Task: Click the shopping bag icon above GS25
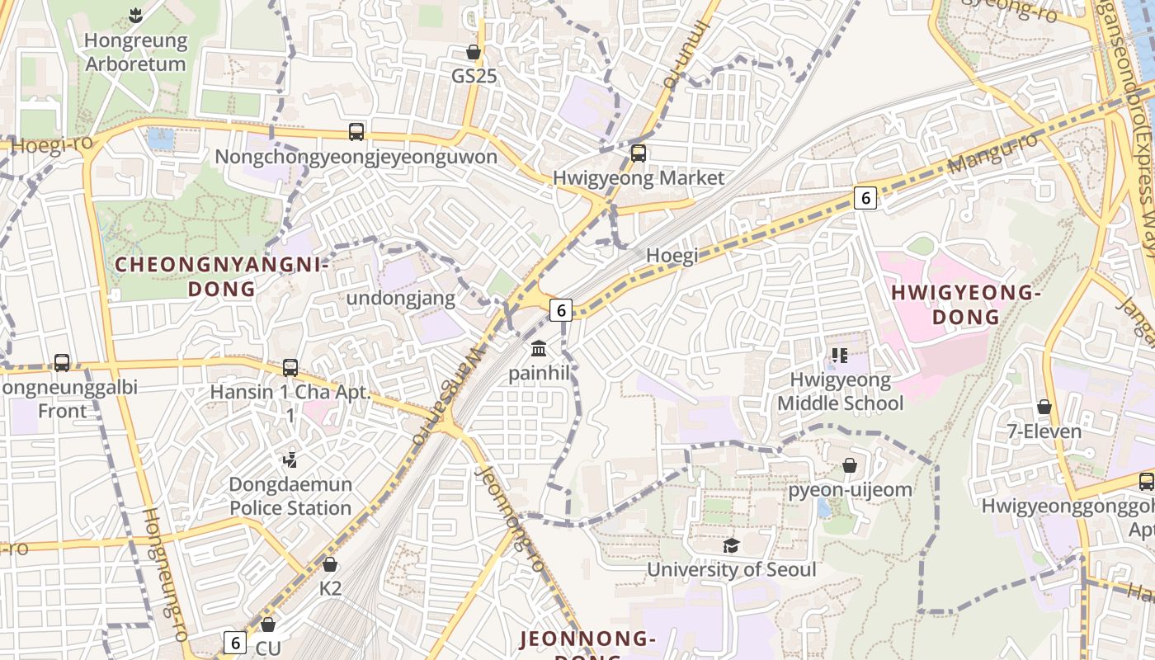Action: click(x=474, y=52)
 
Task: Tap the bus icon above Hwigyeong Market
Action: click(x=638, y=153)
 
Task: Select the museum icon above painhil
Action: click(x=539, y=348)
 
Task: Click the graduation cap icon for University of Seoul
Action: click(x=731, y=544)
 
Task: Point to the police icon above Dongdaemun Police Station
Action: click(x=290, y=460)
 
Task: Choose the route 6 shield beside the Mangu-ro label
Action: click(x=865, y=197)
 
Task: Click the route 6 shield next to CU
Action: click(x=235, y=642)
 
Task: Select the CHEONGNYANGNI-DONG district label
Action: click(x=222, y=277)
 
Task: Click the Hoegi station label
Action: click(x=672, y=256)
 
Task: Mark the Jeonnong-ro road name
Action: click(x=511, y=520)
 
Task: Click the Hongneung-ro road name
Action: click(x=166, y=573)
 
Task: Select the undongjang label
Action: click(x=401, y=298)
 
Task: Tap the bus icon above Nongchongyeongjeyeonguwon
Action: click(x=356, y=131)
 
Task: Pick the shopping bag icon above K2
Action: click(x=330, y=564)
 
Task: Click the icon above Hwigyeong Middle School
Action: click(x=840, y=356)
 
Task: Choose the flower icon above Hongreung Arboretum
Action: click(x=135, y=15)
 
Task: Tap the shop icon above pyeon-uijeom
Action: click(x=850, y=465)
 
